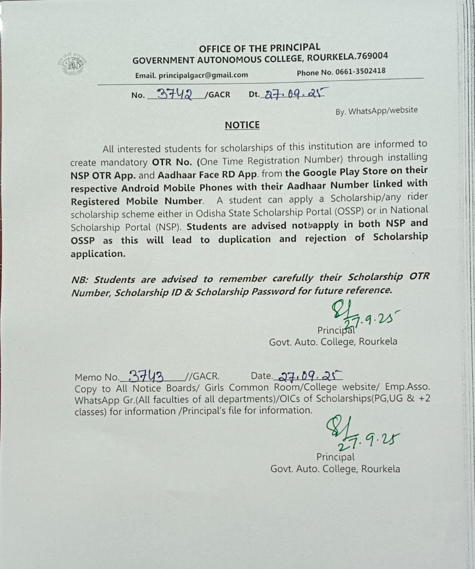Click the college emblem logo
[72, 64]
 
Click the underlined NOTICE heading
[242, 125]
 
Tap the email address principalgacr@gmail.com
[203, 75]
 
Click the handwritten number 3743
[146, 375]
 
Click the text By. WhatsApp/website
[377, 111]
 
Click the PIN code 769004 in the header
[373, 56]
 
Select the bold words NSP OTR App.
[103, 176]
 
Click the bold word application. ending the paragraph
[98, 254]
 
